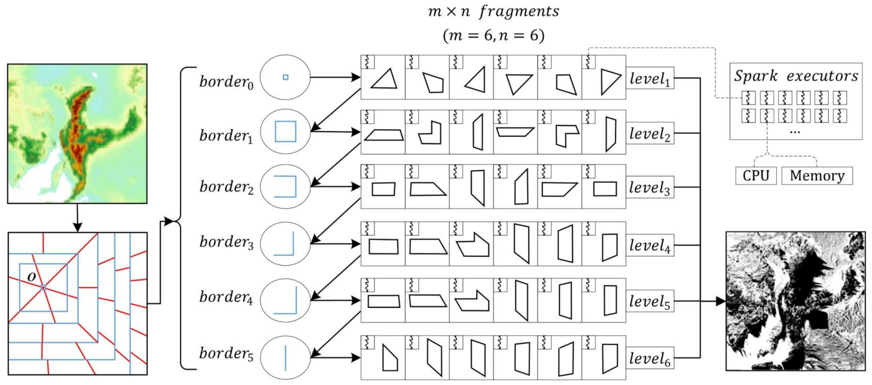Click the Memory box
pyautogui.click(x=817, y=176)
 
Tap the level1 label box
pyautogui.click(x=650, y=78)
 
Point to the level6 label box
pyautogui.click(x=650, y=358)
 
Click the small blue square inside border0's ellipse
pyautogui.click(x=285, y=77)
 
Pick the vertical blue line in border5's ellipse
pyautogui.click(x=285, y=358)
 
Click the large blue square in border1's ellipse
pyautogui.click(x=285, y=131)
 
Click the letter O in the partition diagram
pyautogui.click(x=31, y=277)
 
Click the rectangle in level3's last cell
pyautogui.click(x=605, y=189)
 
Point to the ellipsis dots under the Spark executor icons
pyautogui.click(x=795, y=131)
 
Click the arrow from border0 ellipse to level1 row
pyautogui.click(x=335, y=77)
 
